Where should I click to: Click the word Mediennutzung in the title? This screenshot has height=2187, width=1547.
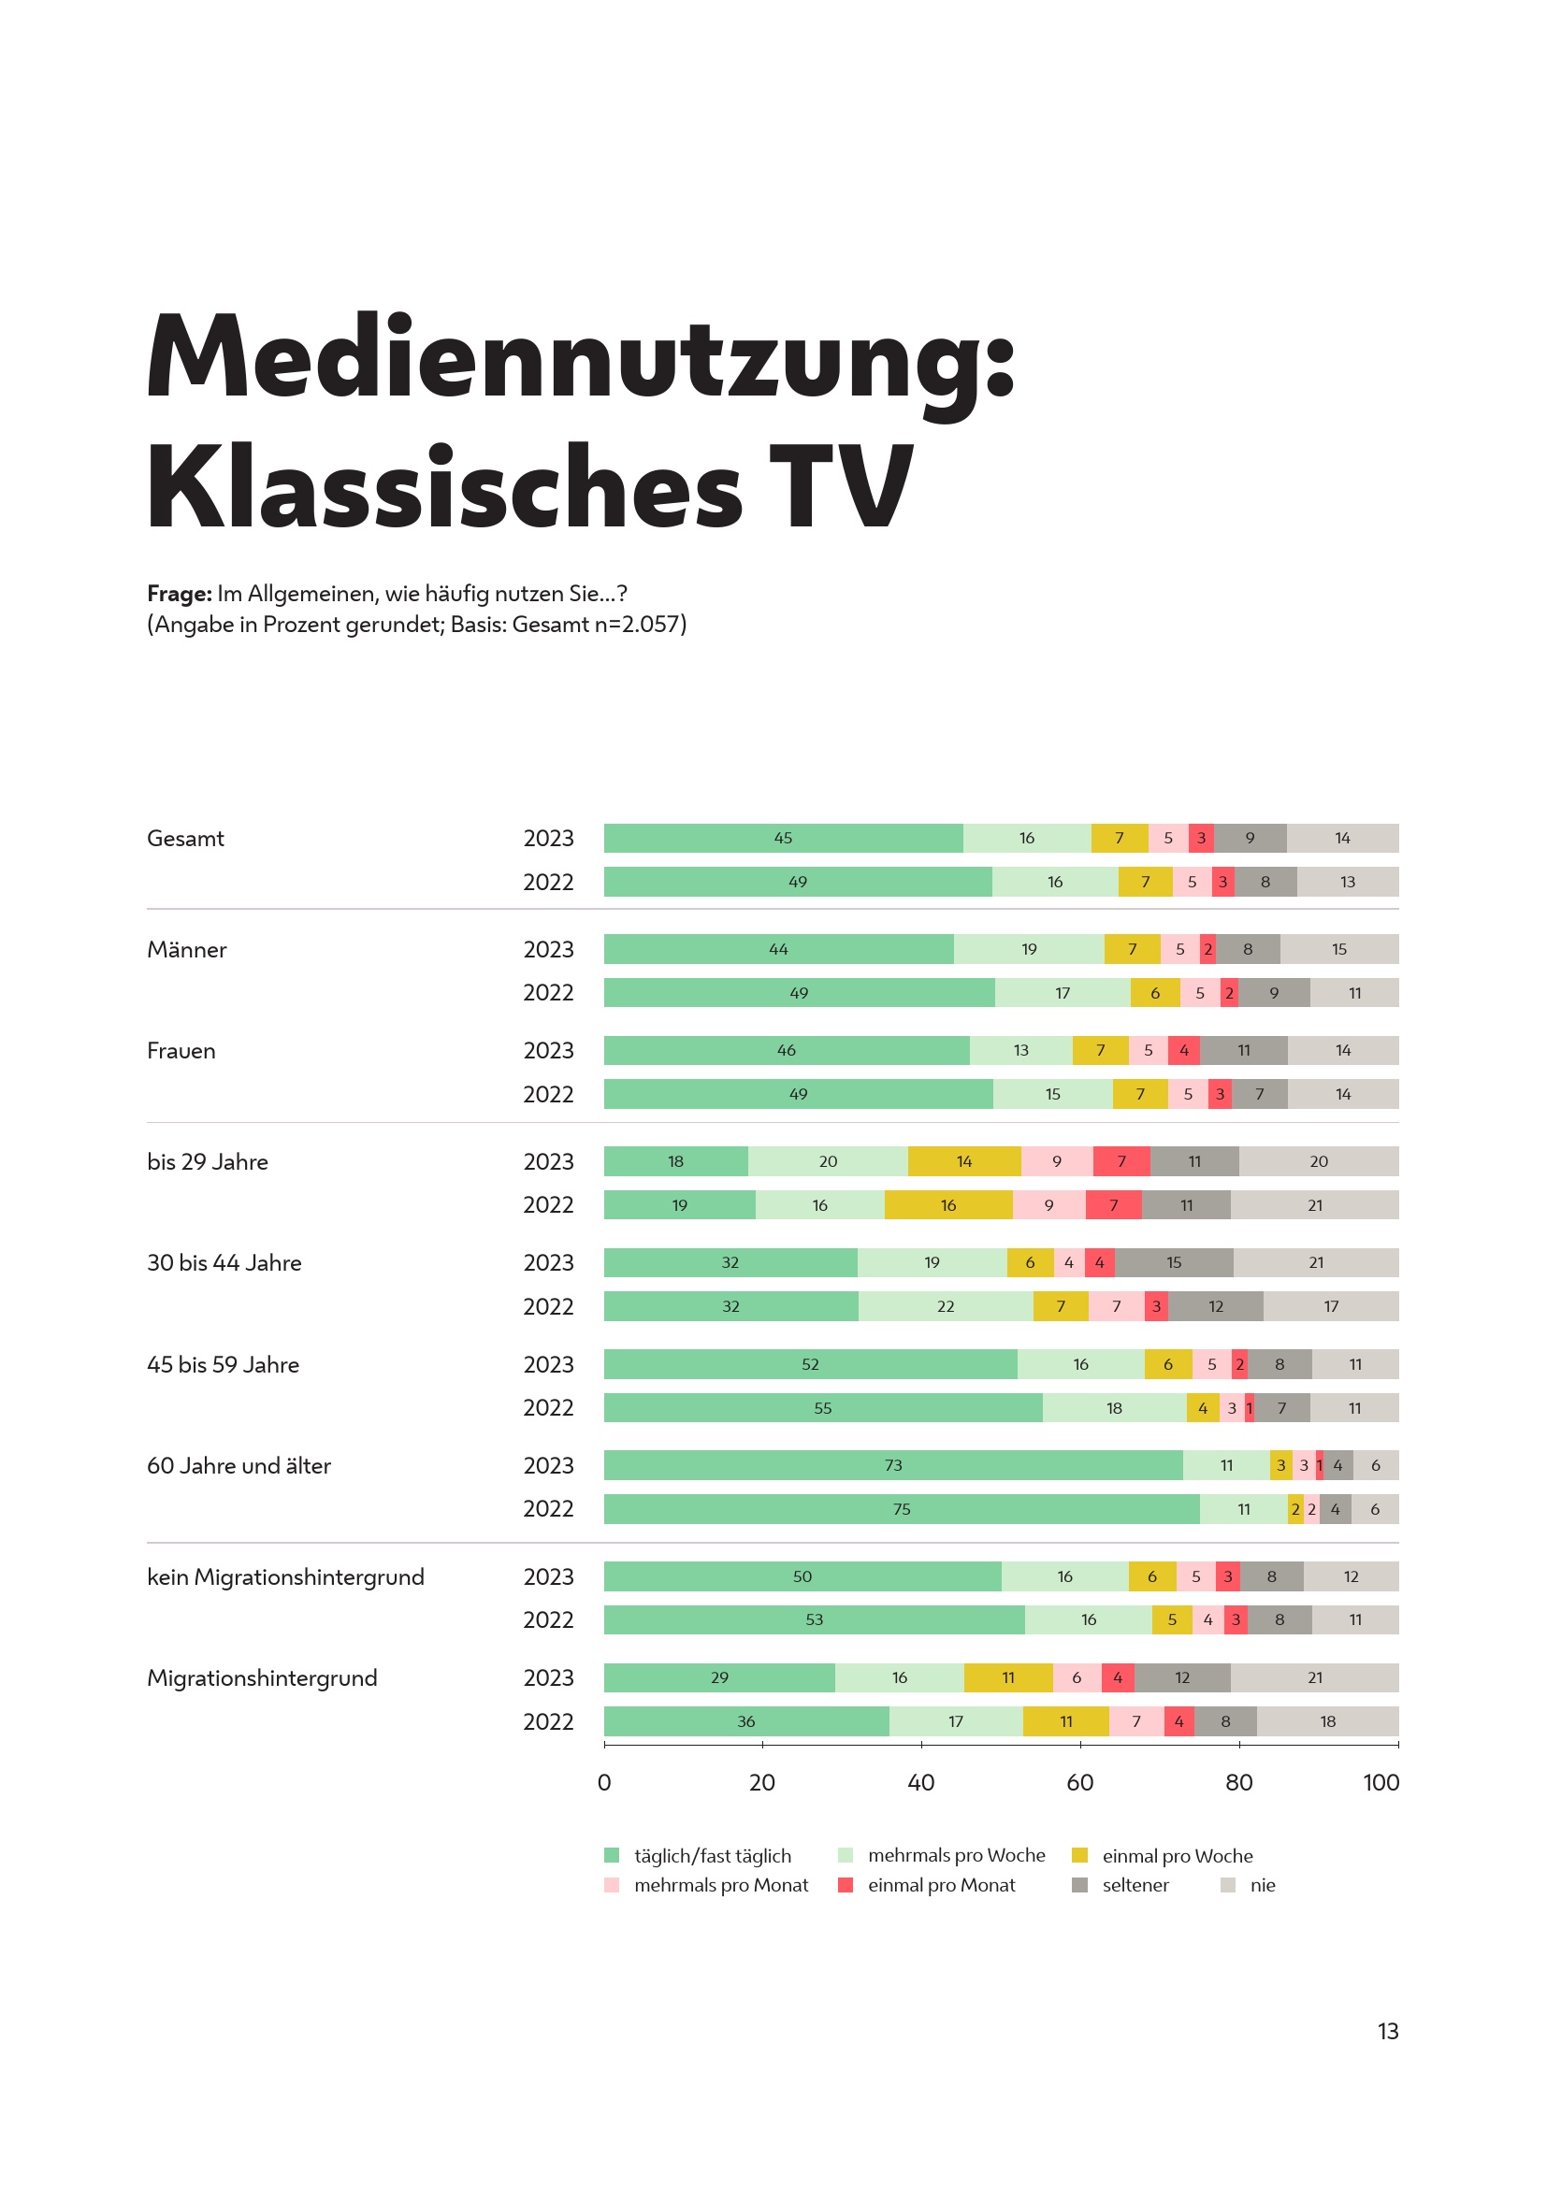[580, 359]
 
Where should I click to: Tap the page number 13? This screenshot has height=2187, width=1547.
[1387, 2031]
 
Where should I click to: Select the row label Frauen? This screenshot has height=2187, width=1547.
[181, 1051]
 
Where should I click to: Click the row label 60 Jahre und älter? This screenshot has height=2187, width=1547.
[239, 1465]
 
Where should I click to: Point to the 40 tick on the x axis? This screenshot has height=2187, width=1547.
[920, 1781]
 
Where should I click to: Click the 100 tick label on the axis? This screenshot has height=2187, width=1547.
[1381, 1781]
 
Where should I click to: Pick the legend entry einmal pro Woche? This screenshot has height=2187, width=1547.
[1177, 1855]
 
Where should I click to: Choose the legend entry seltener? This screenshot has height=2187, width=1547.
[1135, 1885]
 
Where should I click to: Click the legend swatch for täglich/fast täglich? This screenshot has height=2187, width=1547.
[612, 1855]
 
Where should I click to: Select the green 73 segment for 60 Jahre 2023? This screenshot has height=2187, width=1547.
[892, 1465]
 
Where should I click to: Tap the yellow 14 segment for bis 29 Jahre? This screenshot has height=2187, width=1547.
[964, 1161]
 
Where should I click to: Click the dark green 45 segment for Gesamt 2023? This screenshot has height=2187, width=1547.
[783, 838]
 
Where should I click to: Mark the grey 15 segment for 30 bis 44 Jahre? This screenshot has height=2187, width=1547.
[1174, 1262]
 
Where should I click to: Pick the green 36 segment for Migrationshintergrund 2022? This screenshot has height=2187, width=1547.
[745, 1721]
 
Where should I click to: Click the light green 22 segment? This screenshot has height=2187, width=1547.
[945, 1306]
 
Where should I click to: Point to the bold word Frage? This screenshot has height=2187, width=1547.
[179, 594]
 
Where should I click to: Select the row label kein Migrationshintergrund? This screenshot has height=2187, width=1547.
[286, 1576]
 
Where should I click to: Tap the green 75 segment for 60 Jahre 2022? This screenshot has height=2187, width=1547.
[901, 1509]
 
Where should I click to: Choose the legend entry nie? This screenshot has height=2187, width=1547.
[1261, 1885]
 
